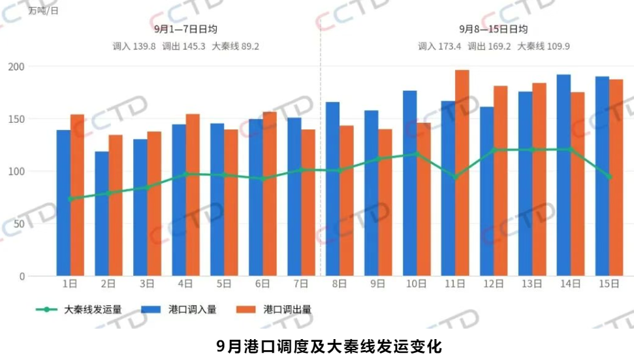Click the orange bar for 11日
462,173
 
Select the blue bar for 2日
101,214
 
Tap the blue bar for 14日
563,176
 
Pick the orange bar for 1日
77,195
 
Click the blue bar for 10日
409,184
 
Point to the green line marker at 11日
456,177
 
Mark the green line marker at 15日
609,177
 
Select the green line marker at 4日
186,174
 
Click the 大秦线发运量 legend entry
79,310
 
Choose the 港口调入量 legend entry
179,310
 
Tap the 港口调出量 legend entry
274,310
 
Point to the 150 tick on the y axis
16,119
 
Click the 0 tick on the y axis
22,276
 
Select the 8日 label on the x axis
340,284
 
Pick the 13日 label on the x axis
531,284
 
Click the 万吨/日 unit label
44,11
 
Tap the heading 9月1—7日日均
185,29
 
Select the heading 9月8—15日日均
493,29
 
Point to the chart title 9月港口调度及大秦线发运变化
329,346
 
